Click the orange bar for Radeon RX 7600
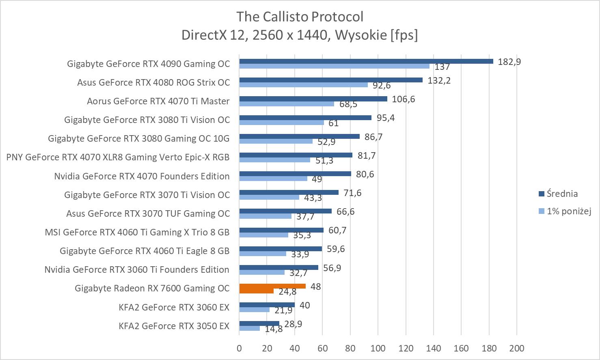click(272, 287)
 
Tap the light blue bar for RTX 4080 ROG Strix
click(303, 85)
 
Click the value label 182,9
click(509, 62)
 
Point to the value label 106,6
click(403, 99)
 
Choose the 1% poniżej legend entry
click(565, 211)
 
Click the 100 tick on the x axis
click(378, 348)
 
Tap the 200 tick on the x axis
click(516, 348)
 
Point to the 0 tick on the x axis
click(239, 348)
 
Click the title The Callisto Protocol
click(300, 17)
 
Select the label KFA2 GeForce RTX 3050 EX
click(174, 326)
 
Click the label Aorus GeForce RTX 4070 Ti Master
click(158, 101)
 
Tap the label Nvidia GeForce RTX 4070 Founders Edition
click(142, 176)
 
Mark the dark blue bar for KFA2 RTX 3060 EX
click(267, 305)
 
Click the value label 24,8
click(287, 291)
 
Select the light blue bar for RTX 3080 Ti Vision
click(281, 123)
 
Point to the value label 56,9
click(332, 268)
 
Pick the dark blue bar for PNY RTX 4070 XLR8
click(296, 155)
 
